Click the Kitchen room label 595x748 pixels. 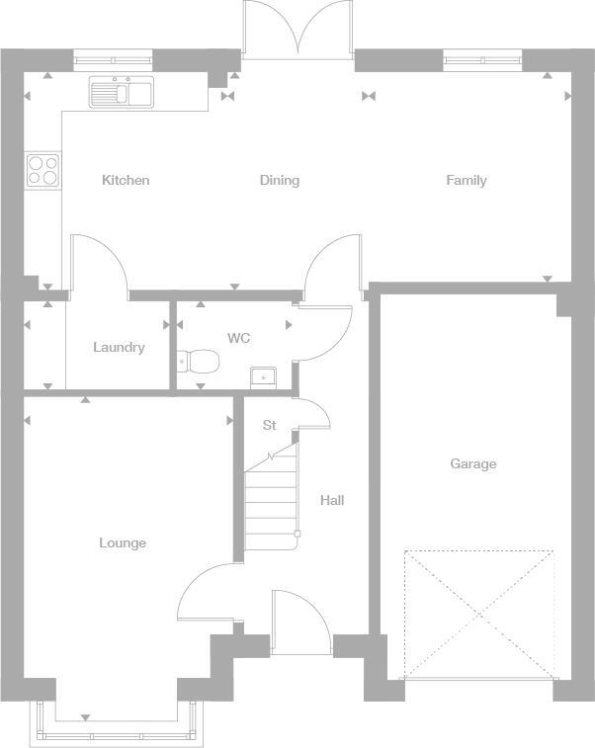[126, 180]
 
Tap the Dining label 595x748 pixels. [279, 180]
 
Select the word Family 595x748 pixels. [466, 180]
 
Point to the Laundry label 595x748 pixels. [119, 347]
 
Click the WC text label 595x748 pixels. [238, 338]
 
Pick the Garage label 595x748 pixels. [472, 463]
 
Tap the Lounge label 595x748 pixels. [123, 542]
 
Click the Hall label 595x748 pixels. [332, 500]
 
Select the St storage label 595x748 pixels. [269, 425]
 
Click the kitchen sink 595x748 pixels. [121, 93]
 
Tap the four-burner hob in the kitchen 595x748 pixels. [42, 170]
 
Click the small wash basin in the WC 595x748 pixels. [264, 376]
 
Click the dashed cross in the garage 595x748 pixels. [478, 614]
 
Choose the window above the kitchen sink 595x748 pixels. [113, 60]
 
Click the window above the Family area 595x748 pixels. [482, 60]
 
